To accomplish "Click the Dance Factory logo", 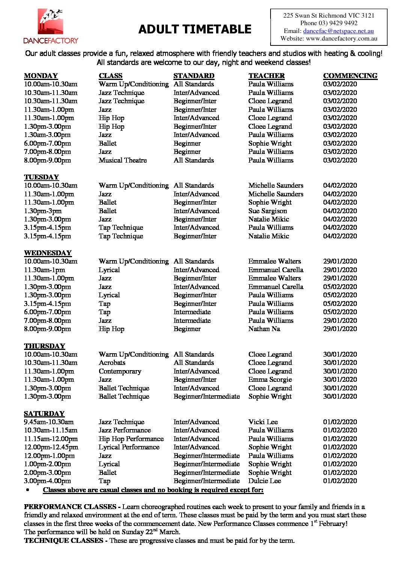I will (51, 27).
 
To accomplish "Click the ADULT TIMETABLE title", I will (194, 29).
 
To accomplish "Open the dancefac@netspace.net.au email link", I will (338, 31).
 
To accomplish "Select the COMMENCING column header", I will (350, 75).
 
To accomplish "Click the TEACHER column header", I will (266, 75).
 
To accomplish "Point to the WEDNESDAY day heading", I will (48, 253).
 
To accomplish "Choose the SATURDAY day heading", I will (44, 413).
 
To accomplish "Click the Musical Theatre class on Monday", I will (122, 160).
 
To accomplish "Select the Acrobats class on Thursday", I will (112, 362).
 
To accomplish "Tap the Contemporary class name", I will (120, 371).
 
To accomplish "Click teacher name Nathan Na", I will (264, 328).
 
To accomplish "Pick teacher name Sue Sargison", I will (267, 211).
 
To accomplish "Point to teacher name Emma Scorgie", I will (269, 379).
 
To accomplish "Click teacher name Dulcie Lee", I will (264, 481).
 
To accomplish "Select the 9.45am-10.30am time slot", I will (49, 422).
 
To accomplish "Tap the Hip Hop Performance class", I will (131, 438).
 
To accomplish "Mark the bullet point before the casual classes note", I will (28, 490).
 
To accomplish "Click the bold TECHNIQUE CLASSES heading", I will (63, 540).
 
